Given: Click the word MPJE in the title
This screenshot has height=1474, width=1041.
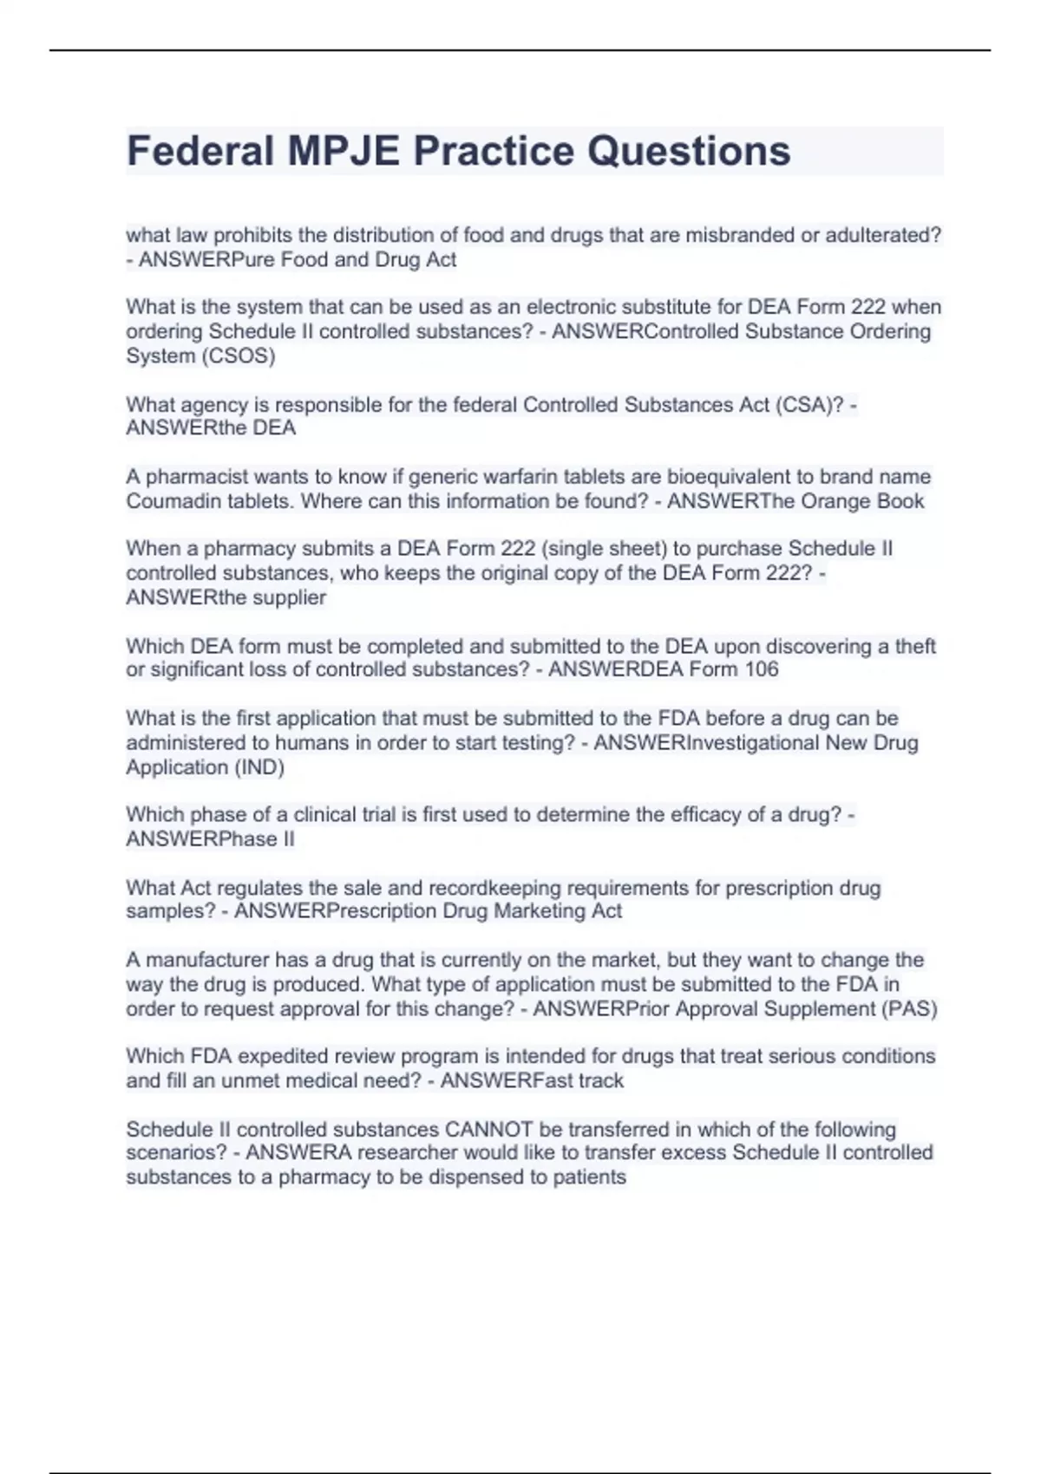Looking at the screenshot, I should point(343,151).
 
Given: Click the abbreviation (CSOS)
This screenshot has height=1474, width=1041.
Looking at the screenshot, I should point(238,355).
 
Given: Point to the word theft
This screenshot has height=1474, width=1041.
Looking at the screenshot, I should point(914,646).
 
